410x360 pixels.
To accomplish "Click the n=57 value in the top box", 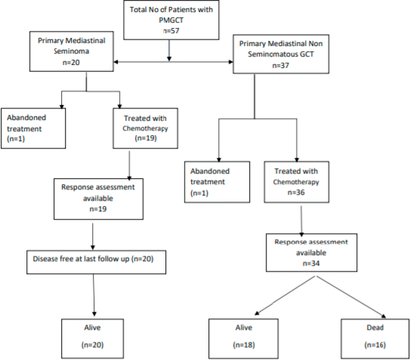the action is [171, 31].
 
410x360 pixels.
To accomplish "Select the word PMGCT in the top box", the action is [171, 20].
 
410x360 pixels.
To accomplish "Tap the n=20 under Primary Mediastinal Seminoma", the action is [71, 63].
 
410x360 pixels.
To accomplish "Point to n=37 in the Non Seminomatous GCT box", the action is [281, 66].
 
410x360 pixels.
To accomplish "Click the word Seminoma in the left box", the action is [72, 51].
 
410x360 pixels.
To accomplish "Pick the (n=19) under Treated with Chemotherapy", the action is [146, 138].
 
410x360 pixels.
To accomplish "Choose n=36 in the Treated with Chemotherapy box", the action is [296, 192].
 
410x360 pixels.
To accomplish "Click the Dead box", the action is [375, 338].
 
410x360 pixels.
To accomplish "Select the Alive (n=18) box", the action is [243, 338].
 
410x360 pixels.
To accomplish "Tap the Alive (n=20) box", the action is [93, 338].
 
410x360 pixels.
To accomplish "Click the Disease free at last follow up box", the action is [96, 262].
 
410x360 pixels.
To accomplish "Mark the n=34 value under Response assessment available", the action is [311, 263].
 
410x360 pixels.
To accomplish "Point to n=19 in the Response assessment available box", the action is [98, 209].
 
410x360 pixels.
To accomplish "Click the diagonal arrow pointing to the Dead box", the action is [351, 297].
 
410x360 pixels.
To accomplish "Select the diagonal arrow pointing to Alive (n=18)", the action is [285, 295].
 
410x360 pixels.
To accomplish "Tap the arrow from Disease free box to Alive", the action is [94, 295].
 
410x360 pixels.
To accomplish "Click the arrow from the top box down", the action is [169, 51].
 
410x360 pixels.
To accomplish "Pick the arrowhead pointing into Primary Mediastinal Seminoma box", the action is [116, 62].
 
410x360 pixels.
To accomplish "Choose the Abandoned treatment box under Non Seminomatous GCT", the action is [217, 182].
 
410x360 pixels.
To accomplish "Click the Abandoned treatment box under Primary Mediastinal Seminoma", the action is [33, 128].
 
